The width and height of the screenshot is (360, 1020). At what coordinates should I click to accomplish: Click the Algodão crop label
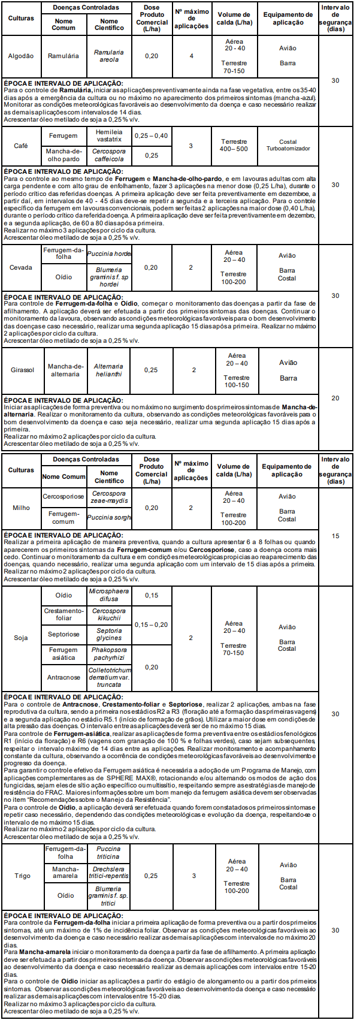tap(21, 56)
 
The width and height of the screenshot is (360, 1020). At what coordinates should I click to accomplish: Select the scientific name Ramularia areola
tap(109, 56)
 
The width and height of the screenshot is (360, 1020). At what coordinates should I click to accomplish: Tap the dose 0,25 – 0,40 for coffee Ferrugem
tap(151, 135)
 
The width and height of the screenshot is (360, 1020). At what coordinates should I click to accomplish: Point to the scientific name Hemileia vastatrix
tap(109, 135)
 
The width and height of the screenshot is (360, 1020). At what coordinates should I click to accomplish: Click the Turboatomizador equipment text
tap(288, 148)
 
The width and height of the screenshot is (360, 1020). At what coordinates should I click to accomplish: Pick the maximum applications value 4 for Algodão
tap(192, 56)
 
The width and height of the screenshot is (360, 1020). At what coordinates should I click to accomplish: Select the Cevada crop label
tap(21, 267)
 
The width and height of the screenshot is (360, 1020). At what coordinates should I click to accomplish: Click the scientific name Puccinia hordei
tap(109, 254)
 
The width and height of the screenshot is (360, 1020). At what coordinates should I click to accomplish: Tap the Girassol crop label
tap(22, 370)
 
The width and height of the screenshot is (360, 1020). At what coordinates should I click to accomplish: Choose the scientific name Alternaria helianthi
tap(109, 370)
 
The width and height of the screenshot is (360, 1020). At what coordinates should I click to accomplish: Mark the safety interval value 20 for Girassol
tap(335, 398)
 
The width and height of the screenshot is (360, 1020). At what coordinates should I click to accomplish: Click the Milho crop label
tap(21, 508)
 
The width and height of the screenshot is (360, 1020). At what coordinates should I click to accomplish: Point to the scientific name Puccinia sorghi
tap(109, 517)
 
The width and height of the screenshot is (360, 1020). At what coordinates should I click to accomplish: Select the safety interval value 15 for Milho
tap(335, 536)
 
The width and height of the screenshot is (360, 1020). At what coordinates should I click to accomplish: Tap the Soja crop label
tap(21, 638)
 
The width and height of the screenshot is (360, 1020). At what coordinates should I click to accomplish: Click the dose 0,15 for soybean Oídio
tap(151, 595)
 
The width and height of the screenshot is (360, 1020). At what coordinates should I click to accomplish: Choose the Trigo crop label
tap(22, 876)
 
